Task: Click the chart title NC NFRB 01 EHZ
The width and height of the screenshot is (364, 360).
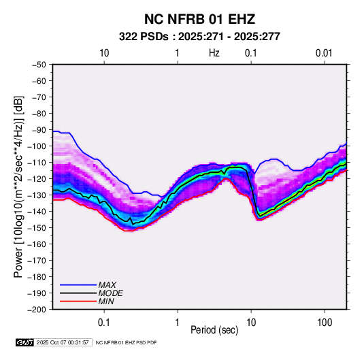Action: (199, 19)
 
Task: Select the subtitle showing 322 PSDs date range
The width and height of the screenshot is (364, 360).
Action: (199, 37)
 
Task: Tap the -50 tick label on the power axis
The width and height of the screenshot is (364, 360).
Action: (39, 65)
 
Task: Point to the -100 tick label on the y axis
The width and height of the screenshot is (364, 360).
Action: (37, 146)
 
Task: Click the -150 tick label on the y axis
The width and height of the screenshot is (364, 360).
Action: (37, 228)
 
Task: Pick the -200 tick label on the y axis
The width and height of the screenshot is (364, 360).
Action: (37, 310)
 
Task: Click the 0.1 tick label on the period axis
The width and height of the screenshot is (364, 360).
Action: (104, 323)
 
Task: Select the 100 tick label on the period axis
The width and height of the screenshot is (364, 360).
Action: (325, 323)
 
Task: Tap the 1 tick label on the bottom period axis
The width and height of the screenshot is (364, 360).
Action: (177, 323)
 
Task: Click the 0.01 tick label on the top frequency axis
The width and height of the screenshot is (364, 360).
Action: (324, 53)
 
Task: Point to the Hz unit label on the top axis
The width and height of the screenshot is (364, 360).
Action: (214, 53)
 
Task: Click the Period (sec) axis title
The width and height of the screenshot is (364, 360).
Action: (214, 330)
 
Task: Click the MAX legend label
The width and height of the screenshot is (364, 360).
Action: (107, 285)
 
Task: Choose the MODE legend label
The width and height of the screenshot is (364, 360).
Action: (110, 293)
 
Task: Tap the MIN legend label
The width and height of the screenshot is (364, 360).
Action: (106, 301)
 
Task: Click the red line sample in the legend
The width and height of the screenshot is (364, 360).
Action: (78, 301)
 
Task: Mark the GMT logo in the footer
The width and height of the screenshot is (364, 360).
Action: (24, 342)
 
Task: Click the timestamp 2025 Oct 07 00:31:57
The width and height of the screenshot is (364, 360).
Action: (63, 342)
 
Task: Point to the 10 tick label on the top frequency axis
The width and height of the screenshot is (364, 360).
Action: (104, 53)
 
